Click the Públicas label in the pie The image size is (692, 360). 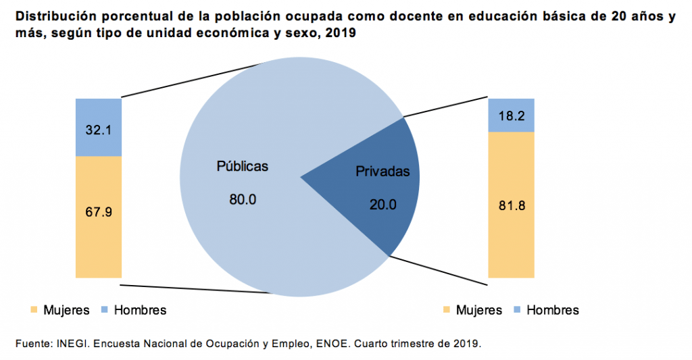click(x=242, y=166)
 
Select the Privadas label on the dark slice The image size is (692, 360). click(x=382, y=172)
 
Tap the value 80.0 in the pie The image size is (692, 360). click(x=243, y=199)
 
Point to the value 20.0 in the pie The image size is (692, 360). click(x=383, y=204)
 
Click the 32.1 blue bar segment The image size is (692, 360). click(x=99, y=128)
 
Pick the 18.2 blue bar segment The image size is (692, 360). click(x=511, y=115)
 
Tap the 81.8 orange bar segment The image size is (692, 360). click(x=511, y=205)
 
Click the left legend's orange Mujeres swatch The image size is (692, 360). click(x=33, y=310)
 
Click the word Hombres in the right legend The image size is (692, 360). click(x=553, y=310)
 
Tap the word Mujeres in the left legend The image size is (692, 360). click(x=66, y=310)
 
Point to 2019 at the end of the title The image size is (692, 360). click(x=340, y=33)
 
